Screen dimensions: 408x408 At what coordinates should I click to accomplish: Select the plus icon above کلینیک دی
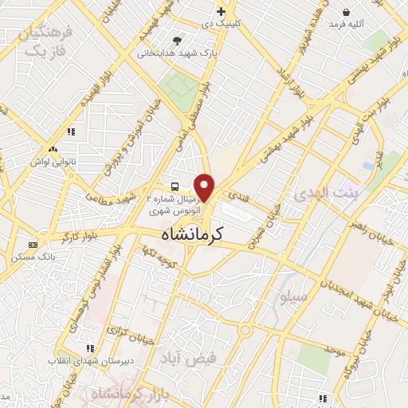point(222,11)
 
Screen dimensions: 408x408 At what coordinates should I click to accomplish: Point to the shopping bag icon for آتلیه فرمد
point(347,11)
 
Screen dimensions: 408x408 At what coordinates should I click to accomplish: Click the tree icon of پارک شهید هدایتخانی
point(176,40)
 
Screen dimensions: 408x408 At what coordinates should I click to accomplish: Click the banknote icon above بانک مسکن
point(33,245)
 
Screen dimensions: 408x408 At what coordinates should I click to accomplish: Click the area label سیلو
point(292,296)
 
